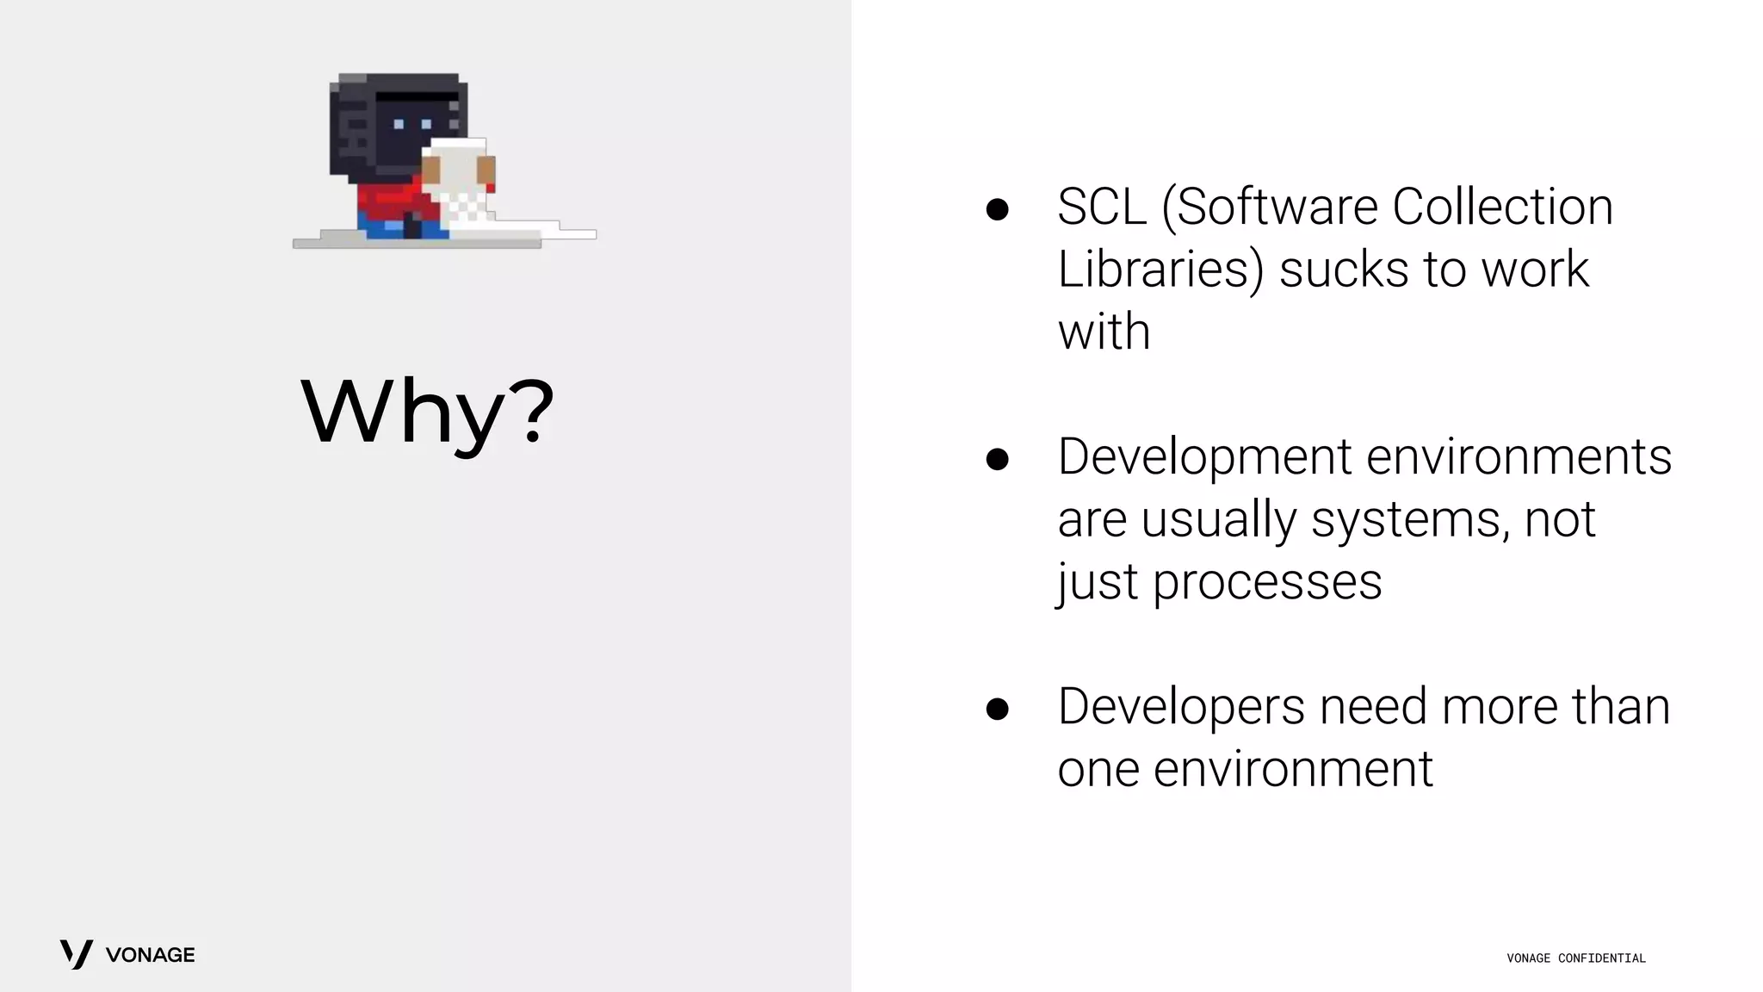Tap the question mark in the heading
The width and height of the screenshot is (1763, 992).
coord(526,412)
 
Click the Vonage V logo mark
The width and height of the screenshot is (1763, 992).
coord(76,954)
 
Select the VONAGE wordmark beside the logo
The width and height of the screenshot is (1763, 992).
coord(150,955)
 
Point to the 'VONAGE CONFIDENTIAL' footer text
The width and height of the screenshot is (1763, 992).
coord(1575,958)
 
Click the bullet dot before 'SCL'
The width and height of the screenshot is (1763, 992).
coord(997,209)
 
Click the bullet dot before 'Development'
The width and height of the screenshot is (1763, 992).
coord(997,459)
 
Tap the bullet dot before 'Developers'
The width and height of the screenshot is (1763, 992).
coord(997,709)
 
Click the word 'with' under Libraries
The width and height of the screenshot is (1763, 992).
coord(1104,332)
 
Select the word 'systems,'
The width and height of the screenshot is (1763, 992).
coord(1410,519)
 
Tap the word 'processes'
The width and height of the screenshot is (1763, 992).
coord(1266,582)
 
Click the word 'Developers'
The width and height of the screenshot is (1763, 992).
coord(1181,707)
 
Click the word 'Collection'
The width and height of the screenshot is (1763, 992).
coord(1502,208)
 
